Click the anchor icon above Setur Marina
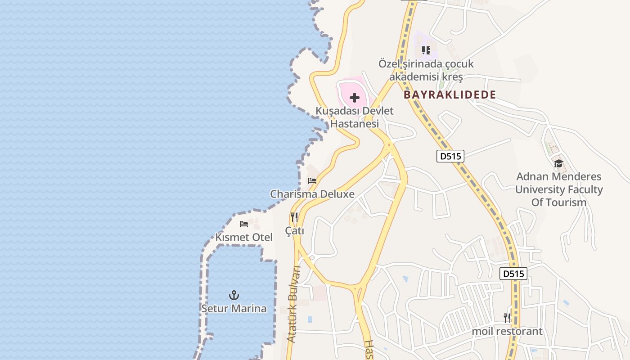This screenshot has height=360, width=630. (x=234, y=295)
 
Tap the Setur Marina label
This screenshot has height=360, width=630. (x=234, y=309)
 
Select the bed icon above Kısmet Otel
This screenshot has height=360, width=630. (x=244, y=224)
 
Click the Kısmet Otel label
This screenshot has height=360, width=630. (x=244, y=237)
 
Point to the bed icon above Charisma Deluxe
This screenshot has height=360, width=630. (x=312, y=181)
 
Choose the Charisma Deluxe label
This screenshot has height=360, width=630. (x=312, y=194)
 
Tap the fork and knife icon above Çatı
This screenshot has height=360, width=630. (x=294, y=218)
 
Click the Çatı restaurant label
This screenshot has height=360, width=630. (x=295, y=231)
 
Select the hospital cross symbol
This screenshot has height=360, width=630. (x=355, y=97)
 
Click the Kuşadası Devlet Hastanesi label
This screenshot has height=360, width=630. (x=355, y=117)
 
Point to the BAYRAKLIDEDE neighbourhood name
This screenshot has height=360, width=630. (x=450, y=95)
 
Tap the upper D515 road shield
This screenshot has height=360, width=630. (x=450, y=157)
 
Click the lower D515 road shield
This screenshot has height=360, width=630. (x=513, y=274)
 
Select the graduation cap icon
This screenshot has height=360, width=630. (x=558, y=163)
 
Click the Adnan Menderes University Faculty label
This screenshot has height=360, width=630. (x=559, y=189)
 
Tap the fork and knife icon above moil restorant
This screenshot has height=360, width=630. (x=507, y=318)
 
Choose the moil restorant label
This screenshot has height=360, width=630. (x=507, y=332)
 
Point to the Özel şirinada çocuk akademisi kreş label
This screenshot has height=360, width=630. (x=426, y=71)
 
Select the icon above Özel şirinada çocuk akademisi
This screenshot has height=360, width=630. (x=426, y=50)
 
